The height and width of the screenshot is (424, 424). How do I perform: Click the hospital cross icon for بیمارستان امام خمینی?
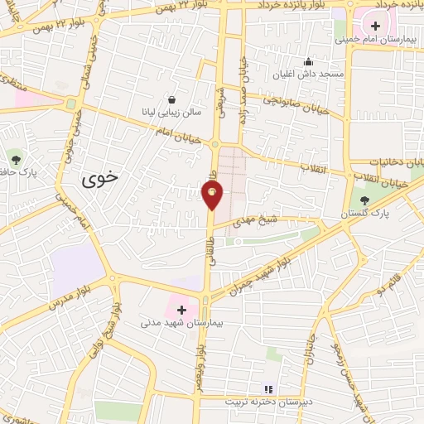pos(376,25)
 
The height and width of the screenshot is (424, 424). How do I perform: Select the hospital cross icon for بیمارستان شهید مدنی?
pos(181,309)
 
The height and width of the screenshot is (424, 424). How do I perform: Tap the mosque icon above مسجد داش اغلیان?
pos(308,61)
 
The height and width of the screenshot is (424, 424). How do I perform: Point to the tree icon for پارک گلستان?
pos(364,200)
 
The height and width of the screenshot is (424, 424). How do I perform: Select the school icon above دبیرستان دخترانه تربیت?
pos(267,388)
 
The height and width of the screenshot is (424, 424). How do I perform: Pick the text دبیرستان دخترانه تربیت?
pos(267,402)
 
